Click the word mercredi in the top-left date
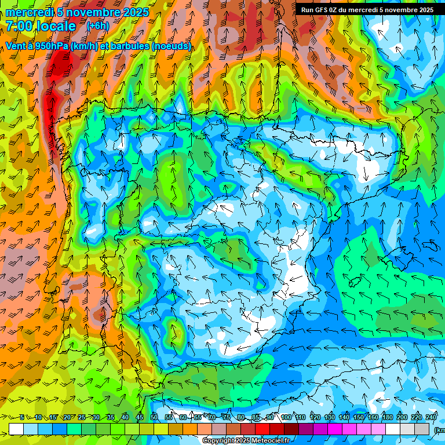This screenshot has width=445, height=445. (x=30, y=12)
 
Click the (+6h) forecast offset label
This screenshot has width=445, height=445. (x=97, y=26)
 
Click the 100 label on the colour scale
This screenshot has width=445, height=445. (x=286, y=417)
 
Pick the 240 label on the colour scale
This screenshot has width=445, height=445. (x=431, y=417)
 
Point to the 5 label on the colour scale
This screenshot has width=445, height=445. (x=22, y=417)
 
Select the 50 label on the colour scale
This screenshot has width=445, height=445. (x=154, y=417)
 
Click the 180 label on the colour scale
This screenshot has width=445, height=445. (x=387, y=417)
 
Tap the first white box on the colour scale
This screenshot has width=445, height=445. (x=16, y=429)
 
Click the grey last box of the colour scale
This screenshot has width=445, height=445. (x=422, y=429)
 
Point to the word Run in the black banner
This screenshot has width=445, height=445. (x=308, y=9)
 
